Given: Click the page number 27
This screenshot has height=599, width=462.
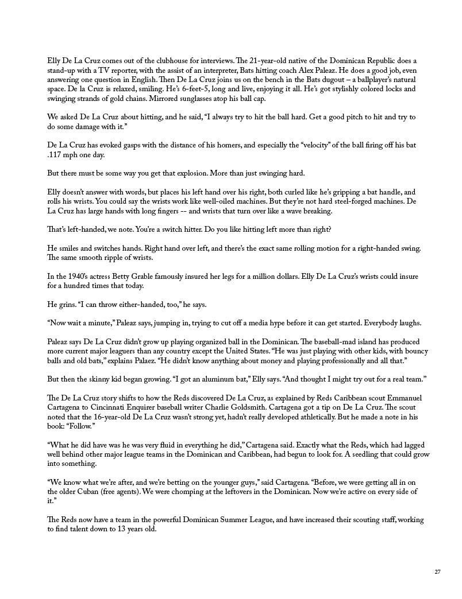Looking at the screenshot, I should (x=437, y=571).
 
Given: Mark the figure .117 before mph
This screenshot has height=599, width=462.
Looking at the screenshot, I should (x=55, y=155).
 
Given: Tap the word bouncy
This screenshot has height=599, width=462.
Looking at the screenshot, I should (x=415, y=351).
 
